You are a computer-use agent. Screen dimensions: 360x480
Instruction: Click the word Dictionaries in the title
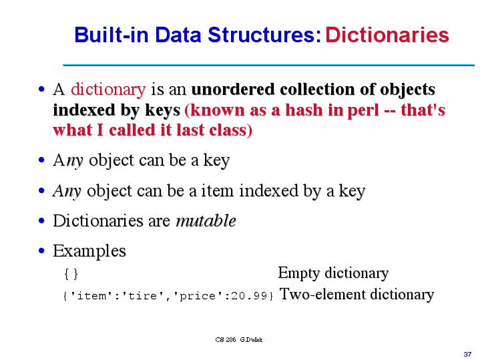387,35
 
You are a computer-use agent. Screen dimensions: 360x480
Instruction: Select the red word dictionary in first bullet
108,89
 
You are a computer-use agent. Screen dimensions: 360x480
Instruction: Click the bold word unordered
234,89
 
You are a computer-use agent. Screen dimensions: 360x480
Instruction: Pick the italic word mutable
206,221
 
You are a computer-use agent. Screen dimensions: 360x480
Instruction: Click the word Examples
89,251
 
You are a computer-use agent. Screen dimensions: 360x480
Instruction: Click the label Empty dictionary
333,273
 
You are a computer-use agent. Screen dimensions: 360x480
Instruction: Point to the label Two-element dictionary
356,295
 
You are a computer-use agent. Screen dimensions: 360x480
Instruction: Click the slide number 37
467,352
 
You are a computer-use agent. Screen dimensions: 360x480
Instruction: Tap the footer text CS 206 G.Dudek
239,339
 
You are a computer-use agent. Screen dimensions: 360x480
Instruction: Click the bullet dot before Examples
43,252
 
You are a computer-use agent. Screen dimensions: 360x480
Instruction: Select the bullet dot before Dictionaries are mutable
43,222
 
